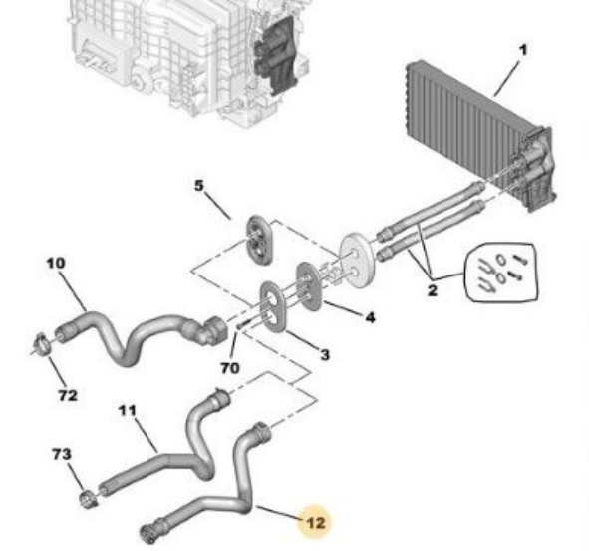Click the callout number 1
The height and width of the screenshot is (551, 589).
point(522,50)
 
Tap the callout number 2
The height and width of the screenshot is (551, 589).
point(432,290)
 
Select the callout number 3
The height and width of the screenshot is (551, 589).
point(325,354)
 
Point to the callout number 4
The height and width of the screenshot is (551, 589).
point(370,317)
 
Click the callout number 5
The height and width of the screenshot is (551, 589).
point(199,186)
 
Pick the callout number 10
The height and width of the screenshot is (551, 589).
point(56,263)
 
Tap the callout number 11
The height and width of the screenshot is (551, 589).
point(127,410)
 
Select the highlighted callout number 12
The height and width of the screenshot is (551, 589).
point(316,523)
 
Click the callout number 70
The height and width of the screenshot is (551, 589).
point(230,368)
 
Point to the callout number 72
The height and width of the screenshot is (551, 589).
point(68,395)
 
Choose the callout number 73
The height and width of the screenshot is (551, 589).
point(62,454)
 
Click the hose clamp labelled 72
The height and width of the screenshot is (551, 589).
point(44,343)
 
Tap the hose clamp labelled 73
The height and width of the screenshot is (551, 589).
point(89,499)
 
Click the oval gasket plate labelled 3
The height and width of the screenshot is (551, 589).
point(274,306)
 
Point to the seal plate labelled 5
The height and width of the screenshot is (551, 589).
point(259,240)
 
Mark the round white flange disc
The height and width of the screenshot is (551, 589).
point(357,261)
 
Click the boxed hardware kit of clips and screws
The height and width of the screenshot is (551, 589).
point(502,272)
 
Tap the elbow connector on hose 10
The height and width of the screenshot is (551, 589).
point(214,328)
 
